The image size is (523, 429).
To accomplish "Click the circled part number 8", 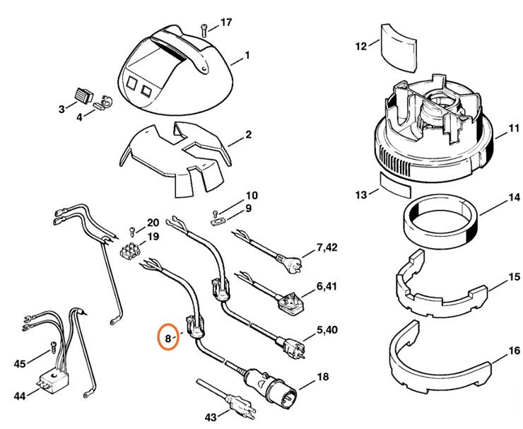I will pyautogui.click(x=168, y=338).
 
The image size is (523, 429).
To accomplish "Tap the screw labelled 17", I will pyautogui.click(x=204, y=28).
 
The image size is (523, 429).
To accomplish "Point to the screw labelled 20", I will pyautogui.click(x=132, y=230).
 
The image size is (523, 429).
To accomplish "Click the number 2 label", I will pyautogui.click(x=248, y=134).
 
